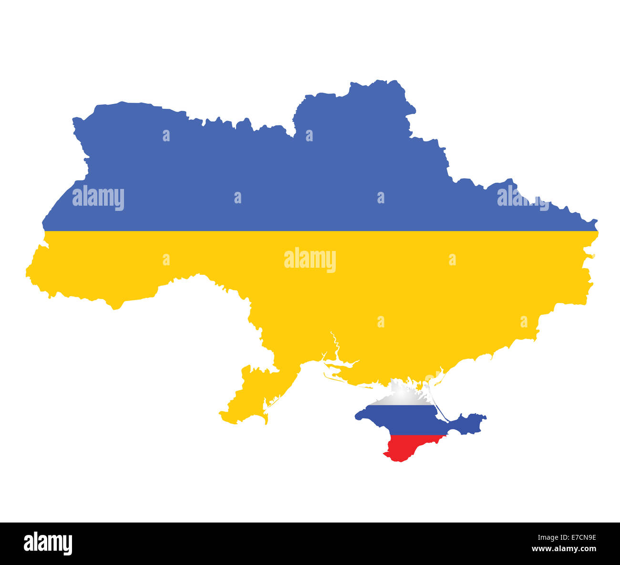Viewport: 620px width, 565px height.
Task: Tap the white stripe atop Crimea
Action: tap(403, 398)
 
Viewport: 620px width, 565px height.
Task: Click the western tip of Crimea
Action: tap(357, 417)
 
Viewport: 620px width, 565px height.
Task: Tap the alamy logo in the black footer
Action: tap(48, 544)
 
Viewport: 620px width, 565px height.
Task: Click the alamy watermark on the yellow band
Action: tap(310, 260)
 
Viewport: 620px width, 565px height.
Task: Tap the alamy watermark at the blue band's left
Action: tap(98, 198)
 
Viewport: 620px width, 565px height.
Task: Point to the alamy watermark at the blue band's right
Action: tap(523, 197)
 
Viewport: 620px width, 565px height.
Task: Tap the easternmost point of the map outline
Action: tap(596, 222)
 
